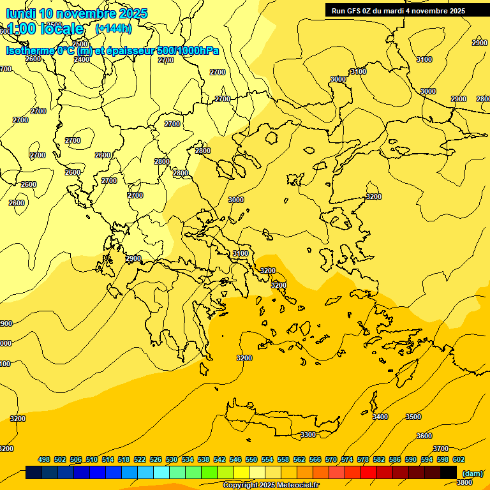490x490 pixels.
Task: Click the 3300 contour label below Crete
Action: tap(308, 434)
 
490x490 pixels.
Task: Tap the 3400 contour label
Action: tap(380, 417)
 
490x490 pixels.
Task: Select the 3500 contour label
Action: tap(413, 417)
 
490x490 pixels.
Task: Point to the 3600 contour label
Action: tap(424, 436)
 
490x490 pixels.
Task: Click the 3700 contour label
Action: tap(440, 449)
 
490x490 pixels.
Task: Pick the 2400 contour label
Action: tap(82, 59)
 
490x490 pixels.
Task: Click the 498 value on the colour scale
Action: tap(44, 459)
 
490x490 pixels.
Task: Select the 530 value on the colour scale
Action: tap(172, 459)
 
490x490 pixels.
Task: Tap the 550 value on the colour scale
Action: tap(251, 459)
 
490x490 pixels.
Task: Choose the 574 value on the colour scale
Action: tap(347, 459)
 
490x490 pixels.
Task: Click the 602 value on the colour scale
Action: tap(459, 459)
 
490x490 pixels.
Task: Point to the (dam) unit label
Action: tap(473, 473)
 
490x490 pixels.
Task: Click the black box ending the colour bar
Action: tap(449, 473)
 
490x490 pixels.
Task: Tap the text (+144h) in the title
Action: tap(114, 28)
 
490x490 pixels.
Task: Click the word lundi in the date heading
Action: tap(20, 13)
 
